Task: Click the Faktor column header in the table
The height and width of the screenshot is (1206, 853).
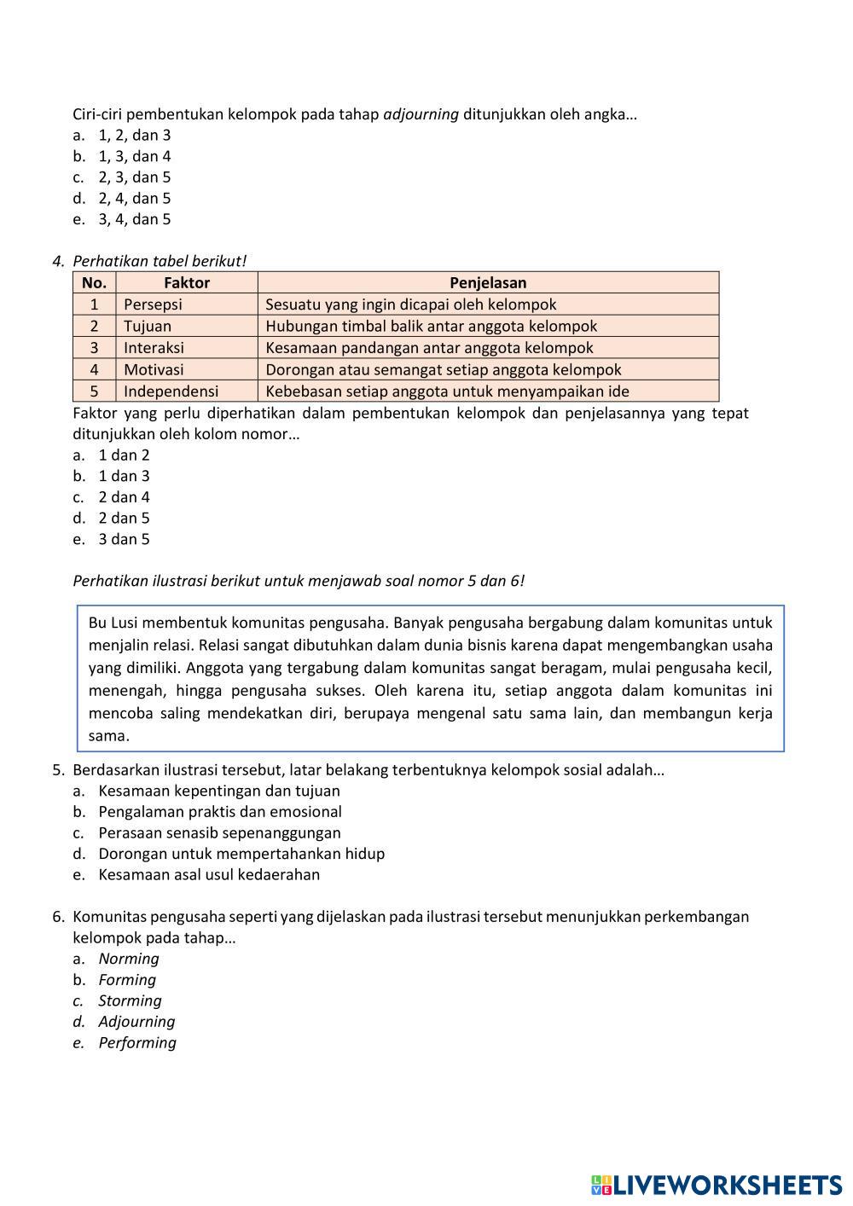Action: click(187, 282)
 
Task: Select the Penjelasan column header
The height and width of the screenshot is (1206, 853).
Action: click(488, 282)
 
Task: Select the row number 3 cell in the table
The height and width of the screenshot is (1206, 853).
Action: click(94, 348)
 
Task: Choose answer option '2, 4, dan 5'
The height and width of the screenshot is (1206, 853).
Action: click(134, 198)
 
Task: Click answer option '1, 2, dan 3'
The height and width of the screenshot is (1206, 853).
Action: click(134, 135)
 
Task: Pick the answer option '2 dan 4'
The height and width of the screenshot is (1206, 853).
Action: click(124, 496)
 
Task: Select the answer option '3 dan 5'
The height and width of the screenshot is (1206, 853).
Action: click(124, 539)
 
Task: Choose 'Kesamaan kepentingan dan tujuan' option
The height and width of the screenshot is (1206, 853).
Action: click(218, 791)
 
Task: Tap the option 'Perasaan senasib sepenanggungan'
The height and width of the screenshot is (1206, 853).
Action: click(219, 832)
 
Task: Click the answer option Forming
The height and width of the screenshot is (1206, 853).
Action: click(127, 980)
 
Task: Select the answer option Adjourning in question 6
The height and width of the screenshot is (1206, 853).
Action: click(136, 1022)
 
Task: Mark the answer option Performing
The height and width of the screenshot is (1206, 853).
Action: click(137, 1042)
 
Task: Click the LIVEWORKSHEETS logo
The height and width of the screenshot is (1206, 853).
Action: click(717, 1184)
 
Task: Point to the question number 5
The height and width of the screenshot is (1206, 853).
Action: click(58, 770)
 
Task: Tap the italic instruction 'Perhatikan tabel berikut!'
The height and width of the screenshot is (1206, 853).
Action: click(160, 261)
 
